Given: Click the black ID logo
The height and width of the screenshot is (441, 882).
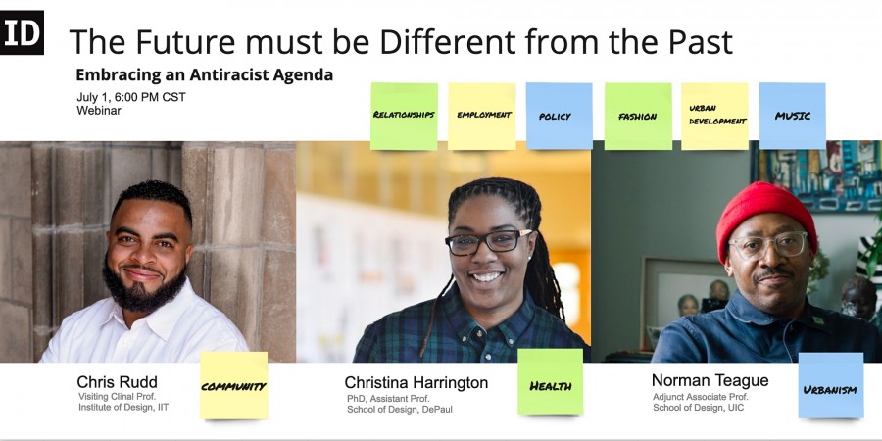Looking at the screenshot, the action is coord(22,32).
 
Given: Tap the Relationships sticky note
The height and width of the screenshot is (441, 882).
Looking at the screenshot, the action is coord(404,117).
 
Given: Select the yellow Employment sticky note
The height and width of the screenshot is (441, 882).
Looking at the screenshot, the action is coord(482,117).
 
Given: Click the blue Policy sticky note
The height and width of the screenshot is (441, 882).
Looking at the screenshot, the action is coord(560,116).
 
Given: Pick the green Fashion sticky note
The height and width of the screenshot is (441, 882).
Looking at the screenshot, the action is coord(638,117).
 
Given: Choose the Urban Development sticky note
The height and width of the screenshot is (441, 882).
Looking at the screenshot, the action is coord(715,117).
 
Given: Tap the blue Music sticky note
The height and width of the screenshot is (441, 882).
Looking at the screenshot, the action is coord(793,116).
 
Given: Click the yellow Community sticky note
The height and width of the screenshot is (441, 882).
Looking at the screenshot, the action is coord(234,386).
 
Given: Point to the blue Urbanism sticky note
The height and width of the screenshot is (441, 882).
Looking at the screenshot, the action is coord(831,386).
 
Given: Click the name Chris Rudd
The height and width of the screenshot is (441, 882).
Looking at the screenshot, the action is coord(117,382).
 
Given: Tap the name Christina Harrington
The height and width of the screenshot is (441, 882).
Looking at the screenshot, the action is coord(416,383).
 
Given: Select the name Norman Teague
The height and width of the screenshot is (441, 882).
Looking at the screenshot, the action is coord(710,381).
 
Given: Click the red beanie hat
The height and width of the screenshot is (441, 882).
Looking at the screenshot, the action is coord(765,216).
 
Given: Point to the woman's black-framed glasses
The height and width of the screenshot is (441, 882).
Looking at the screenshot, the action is coord(488,241).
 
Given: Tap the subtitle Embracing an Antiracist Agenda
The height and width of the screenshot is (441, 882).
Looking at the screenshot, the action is coord(205,74).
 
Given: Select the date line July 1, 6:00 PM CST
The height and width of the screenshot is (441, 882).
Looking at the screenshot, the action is coord(131,97).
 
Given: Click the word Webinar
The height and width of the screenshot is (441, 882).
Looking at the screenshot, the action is coord(99,110).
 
